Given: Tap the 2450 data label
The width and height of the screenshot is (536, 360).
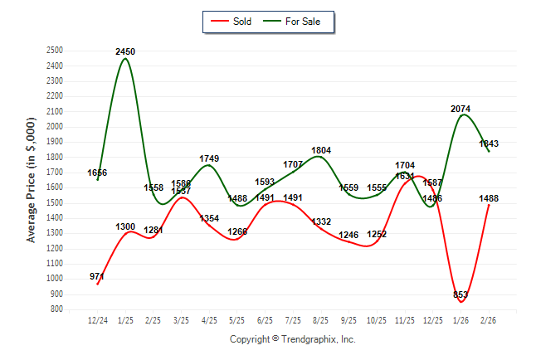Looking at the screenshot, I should [125, 51].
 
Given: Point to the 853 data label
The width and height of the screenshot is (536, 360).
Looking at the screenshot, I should [461, 294].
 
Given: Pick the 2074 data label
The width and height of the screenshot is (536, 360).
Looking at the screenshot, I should [461, 109].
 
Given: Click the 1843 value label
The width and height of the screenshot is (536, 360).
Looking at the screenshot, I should [490, 144].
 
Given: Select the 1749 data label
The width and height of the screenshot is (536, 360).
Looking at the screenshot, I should [209, 158].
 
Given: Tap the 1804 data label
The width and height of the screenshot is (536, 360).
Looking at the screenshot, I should [321, 150].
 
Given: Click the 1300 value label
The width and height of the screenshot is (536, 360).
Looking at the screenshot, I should [125, 226].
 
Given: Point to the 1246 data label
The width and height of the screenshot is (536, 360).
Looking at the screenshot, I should [348, 235].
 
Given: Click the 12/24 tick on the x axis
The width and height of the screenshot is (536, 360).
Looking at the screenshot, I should [97, 319].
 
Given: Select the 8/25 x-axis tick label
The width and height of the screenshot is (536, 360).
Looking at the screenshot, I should [320, 319].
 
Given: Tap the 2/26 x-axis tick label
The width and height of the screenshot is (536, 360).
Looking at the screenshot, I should [488, 319].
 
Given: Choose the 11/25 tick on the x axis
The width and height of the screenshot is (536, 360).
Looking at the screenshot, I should [404, 319].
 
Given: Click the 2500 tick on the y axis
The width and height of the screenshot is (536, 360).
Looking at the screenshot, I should [56, 51].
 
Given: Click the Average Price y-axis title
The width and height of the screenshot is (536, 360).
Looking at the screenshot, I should [32, 180].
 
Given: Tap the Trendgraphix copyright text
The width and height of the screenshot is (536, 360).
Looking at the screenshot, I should [292, 339].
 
